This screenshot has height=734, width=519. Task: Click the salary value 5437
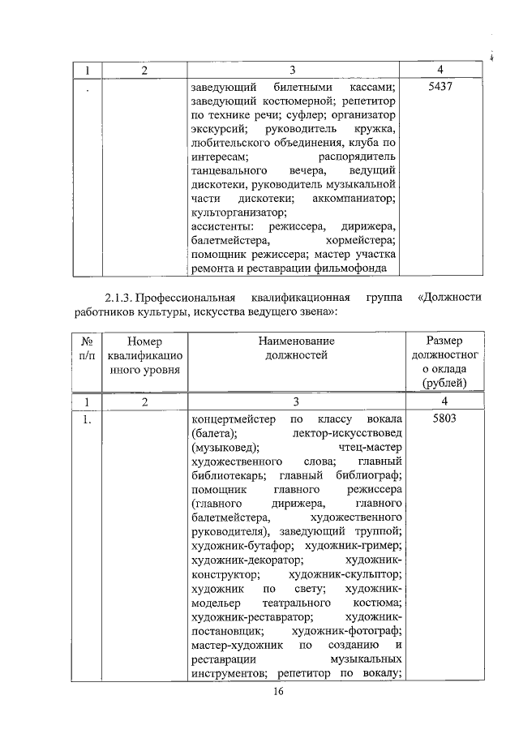(x=440, y=87)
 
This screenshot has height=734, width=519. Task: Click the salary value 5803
(x=440, y=419)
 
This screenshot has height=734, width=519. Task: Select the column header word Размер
(x=441, y=341)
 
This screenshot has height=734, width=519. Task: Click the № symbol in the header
(x=86, y=341)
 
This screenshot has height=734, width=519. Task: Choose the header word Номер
(x=145, y=341)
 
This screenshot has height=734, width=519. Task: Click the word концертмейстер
(x=232, y=419)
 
